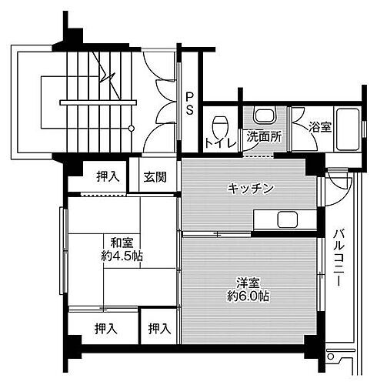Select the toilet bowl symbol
222,123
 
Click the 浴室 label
321,127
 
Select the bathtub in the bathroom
349,128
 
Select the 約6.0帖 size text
247,296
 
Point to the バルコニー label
339,258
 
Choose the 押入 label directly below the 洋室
158,330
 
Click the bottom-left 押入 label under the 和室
106,330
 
